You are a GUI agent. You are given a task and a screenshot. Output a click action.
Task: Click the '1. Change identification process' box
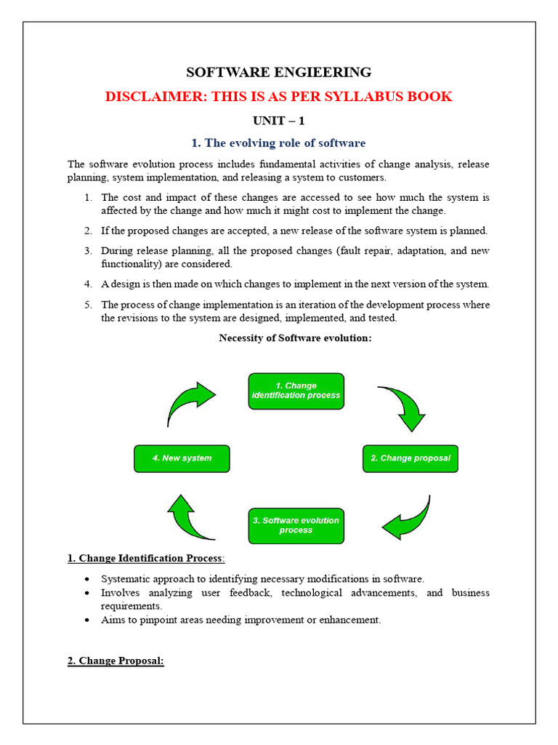(x=296, y=391)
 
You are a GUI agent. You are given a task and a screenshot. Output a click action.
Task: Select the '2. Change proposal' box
(x=411, y=458)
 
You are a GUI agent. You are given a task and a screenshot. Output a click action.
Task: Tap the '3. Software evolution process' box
(x=296, y=525)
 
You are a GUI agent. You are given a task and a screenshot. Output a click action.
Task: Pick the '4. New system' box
(x=182, y=458)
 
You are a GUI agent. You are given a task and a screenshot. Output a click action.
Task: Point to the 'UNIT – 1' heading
(x=278, y=120)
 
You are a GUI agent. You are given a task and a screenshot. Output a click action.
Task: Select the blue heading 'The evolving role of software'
(x=286, y=143)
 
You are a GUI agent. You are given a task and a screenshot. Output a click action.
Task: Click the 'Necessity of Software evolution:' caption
(x=295, y=337)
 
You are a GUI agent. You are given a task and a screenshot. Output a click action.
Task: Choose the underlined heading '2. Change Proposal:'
(x=116, y=661)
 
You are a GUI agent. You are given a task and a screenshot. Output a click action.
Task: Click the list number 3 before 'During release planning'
(x=87, y=250)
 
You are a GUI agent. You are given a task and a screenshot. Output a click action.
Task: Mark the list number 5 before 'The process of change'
(x=87, y=304)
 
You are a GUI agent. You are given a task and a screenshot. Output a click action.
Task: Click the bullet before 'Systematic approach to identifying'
(x=87, y=579)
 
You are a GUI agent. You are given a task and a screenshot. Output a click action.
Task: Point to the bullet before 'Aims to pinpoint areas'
(x=87, y=620)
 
